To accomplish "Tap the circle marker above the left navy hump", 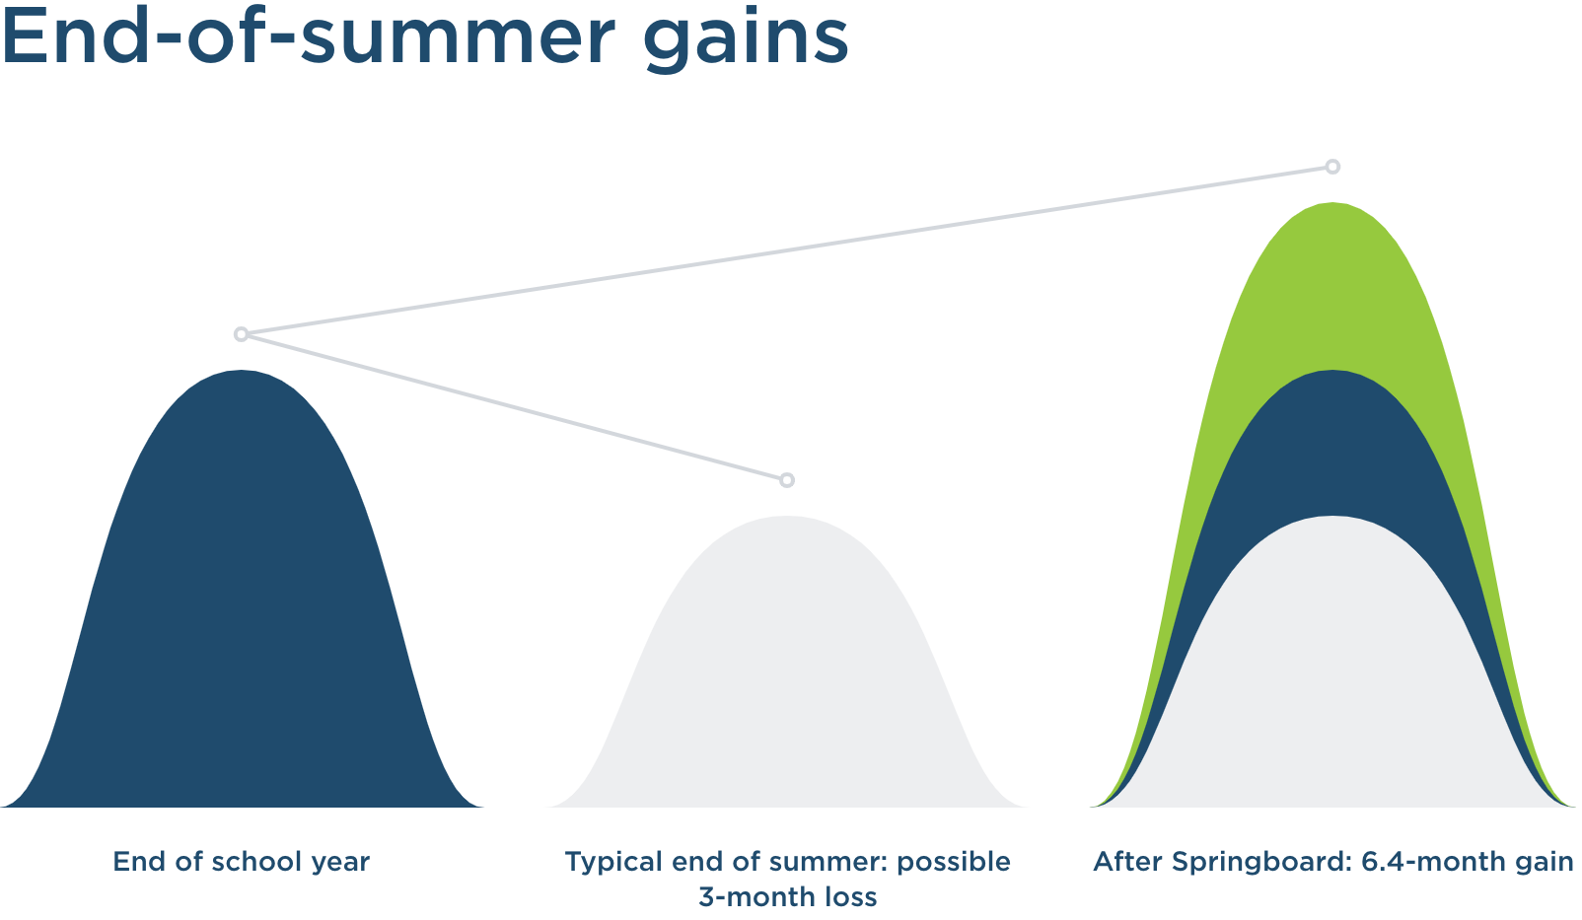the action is [x=241, y=334].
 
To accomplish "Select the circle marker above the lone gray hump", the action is [x=787, y=480].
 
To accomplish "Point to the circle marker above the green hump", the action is [x=1332, y=167].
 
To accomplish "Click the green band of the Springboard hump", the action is [x=1332, y=282].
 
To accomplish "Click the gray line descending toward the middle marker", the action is [x=514, y=407].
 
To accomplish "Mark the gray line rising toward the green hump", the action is [x=787, y=249].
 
